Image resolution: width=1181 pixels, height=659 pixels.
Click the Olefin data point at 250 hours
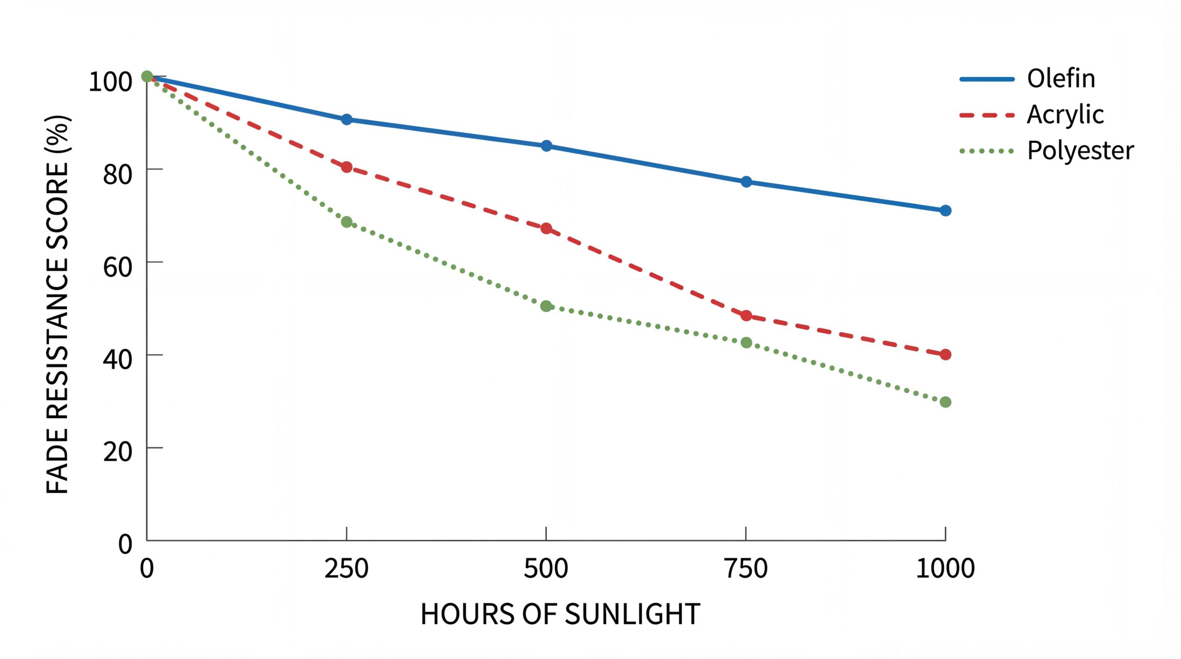click(346, 119)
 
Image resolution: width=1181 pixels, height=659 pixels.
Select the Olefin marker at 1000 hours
click(945, 210)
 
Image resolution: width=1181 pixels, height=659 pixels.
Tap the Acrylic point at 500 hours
click(546, 228)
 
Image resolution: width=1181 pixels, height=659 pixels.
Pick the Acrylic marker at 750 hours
click(746, 316)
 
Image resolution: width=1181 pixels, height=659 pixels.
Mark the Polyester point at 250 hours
click(346, 222)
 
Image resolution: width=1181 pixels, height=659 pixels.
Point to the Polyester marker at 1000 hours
click(945, 402)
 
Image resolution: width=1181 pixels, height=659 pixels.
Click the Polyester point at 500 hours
click(546, 306)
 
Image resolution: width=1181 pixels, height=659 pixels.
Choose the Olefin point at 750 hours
click(746, 182)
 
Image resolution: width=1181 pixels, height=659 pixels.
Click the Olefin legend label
click(1061, 79)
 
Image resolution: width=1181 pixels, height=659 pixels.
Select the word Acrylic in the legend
click(1065, 115)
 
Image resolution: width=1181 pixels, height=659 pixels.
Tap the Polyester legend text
click(1080, 151)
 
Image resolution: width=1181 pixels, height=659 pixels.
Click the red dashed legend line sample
click(987, 115)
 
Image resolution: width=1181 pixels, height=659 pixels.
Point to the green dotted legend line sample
click(987, 151)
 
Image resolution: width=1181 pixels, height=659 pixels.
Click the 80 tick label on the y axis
click(117, 174)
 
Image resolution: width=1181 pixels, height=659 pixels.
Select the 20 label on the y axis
click(117, 452)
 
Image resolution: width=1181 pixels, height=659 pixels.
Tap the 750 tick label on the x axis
click(746, 569)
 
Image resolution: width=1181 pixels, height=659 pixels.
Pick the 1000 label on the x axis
click(945, 569)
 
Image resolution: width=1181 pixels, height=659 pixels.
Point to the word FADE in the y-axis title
click(58, 462)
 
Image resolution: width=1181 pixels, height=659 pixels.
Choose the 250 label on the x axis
click(346, 569)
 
